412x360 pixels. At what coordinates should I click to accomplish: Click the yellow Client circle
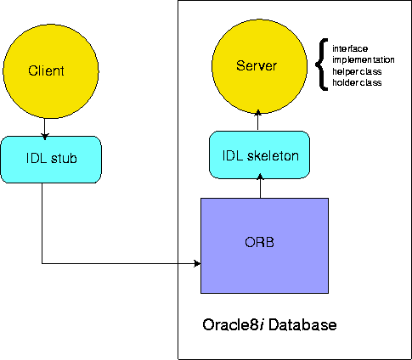(x=51, y=70)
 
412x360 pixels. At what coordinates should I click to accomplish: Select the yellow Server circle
(x=259, y=66)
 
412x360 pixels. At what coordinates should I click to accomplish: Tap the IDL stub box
(x=51, y=160)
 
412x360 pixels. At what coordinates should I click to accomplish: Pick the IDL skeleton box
(x=259, y=155)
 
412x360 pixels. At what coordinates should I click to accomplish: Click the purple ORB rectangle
(x=264, y=245)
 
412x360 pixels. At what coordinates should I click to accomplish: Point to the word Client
(x=46, y=70)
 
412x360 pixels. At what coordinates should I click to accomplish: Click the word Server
(x=257, y=65)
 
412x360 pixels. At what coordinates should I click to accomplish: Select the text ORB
(x=259, y=242)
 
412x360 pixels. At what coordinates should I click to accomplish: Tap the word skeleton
(x=273, y=156)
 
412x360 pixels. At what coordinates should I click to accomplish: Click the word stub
(x=64, y=158)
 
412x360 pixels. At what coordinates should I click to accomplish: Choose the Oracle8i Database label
(x=269, y=324)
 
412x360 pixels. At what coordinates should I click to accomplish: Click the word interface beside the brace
(x=350, y=48)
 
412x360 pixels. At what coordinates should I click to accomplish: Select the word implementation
(x=364, y=60)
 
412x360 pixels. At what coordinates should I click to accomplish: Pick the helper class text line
(x=357, y=71)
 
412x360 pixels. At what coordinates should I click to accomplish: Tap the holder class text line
(x=357, y=82)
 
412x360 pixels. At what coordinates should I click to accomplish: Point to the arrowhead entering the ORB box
(x=197, y=263)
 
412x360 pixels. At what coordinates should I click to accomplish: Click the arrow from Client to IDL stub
(x=44, y=127)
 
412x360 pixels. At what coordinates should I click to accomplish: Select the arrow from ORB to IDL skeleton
(x=260, y=186)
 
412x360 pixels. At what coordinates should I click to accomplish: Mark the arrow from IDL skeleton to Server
(x=257, y=121)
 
